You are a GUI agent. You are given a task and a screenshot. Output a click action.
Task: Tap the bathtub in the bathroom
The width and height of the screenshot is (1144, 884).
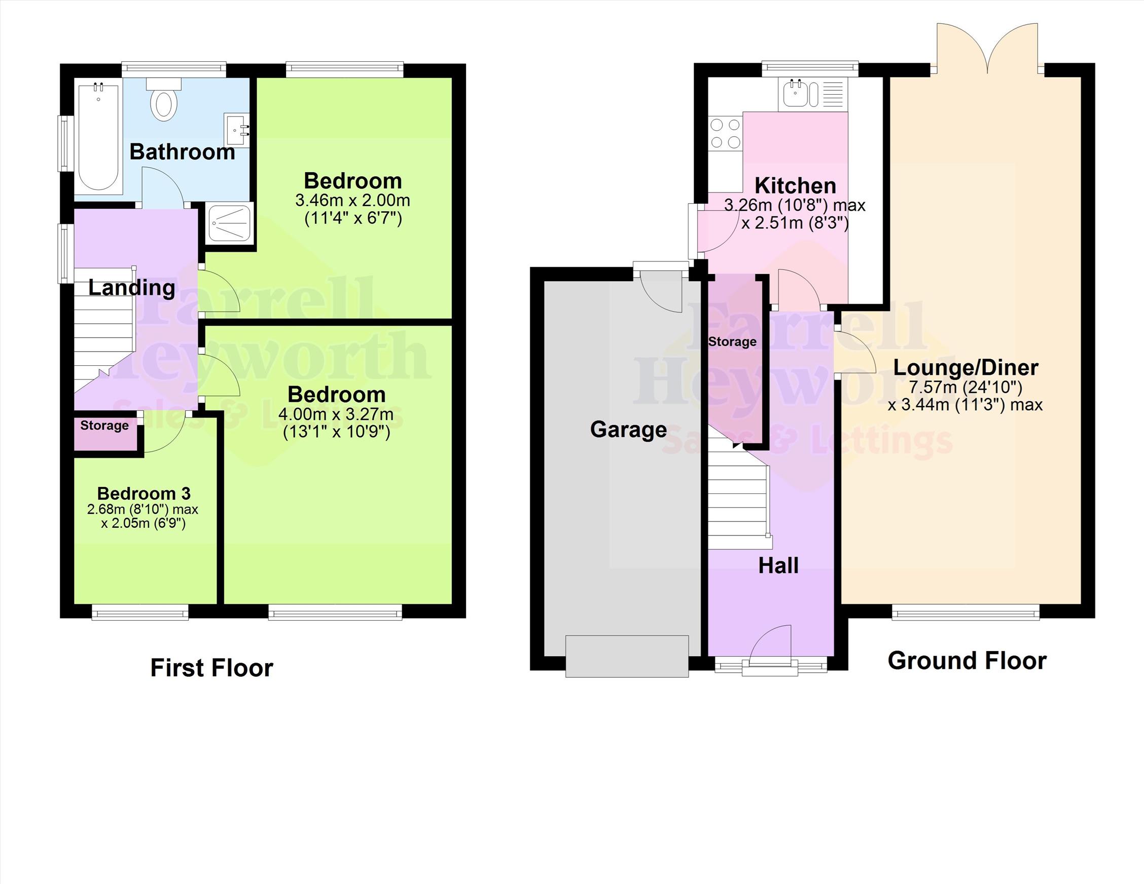pos(98,137)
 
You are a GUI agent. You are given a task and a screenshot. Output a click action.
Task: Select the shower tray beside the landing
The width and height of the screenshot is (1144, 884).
pos(229,223)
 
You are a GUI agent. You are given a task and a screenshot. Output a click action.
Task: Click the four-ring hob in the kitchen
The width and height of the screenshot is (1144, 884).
pos(726,133)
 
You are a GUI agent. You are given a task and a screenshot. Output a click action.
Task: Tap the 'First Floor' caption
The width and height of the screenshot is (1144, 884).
pos(211,668)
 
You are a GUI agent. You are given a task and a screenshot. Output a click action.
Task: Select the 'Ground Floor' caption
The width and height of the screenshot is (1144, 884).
pos(967,661)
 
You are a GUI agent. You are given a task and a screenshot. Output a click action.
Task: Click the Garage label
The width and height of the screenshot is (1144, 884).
pos(629,430)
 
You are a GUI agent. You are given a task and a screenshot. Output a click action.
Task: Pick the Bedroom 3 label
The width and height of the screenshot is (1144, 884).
pos(144,493)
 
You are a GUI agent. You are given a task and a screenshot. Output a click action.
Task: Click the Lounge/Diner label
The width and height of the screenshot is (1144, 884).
pos(966,368)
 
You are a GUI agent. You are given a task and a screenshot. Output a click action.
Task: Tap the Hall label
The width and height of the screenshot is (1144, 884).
pos(778,566)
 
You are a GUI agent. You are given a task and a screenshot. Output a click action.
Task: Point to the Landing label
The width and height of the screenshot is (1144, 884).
pos(131,288)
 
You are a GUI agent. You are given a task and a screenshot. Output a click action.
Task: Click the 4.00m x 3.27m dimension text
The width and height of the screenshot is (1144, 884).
pos(336,414)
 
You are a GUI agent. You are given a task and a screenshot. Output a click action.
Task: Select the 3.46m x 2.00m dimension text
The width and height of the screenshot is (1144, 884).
pos(352,201)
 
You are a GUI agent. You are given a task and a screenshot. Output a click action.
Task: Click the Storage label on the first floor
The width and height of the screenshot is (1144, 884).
pos(104,426)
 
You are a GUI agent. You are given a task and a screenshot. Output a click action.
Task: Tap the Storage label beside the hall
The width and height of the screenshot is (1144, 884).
pos(732,342)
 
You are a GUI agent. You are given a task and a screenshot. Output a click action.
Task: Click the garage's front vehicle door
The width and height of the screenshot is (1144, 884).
pos(627,656)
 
